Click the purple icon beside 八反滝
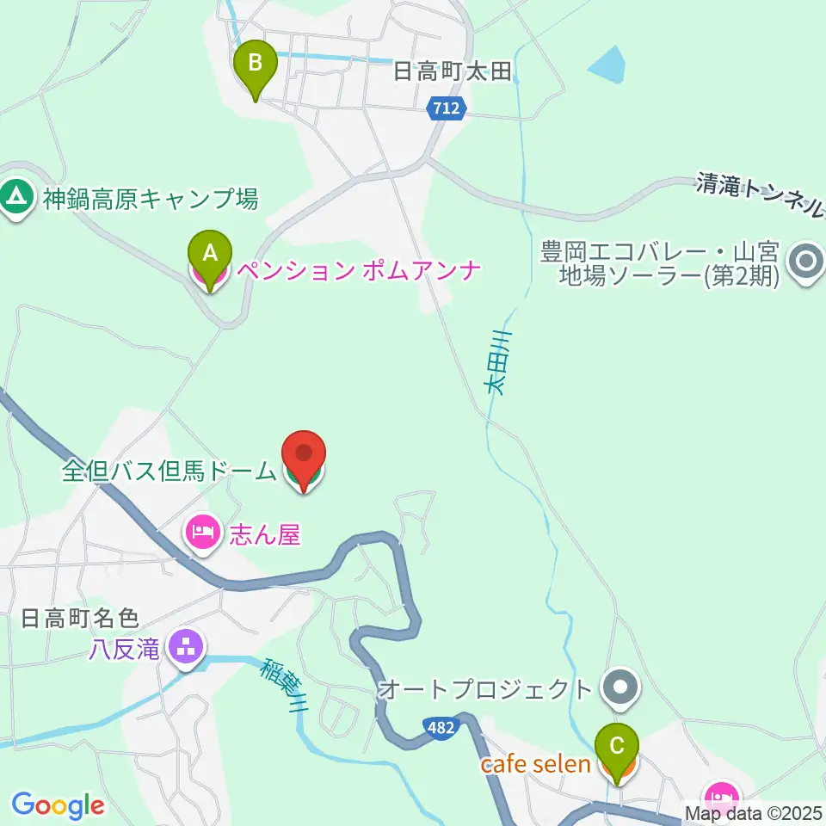click(x=186, y=647)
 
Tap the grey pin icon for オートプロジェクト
click(x=619, y=688)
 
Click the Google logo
click(x=58, y=804)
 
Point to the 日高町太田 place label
click(x=453, y=72)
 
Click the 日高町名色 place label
click(x=79, y=618)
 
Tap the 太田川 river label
click(x=497, y=361)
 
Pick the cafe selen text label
click(x=535, y=764)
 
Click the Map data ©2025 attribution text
click(x=752, y=812)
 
